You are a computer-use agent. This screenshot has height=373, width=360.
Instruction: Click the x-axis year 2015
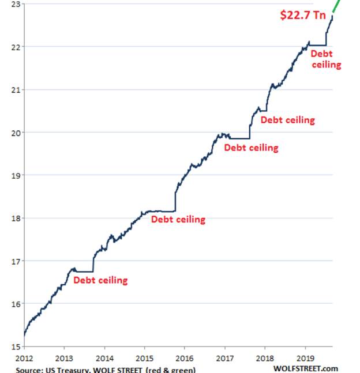[x=144, y=357]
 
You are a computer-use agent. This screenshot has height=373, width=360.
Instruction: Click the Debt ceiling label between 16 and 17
[x=100, y=281]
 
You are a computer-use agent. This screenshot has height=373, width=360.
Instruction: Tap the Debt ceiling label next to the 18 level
[x=178, y=220]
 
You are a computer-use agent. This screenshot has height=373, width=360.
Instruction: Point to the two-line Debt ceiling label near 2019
[x=325, y=59]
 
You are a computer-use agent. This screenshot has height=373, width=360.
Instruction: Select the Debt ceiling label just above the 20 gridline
[x=287, y=120]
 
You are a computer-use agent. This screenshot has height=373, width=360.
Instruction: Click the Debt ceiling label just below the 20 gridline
[x=251, y=148]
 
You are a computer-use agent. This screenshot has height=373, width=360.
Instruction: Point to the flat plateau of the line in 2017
[x=239, y=138]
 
